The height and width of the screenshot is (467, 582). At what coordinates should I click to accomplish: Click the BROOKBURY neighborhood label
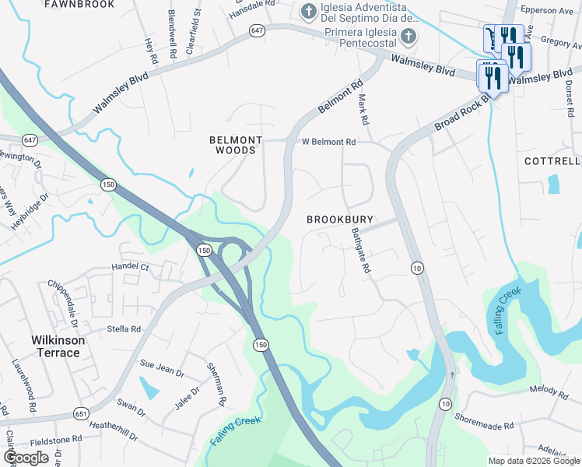pyautogui.click(x=339, y=220)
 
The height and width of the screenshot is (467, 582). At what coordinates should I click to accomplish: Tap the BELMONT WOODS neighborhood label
pyautogui.click(x=237, y=145)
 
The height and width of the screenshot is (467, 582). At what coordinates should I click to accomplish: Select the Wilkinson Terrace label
pyautogui.click(x=55, y=346)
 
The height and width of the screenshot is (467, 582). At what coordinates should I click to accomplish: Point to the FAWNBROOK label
pyautogui.click(x=79, y=5)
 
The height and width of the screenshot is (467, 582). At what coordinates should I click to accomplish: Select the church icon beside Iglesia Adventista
pyautogui.click(x=308, y=12)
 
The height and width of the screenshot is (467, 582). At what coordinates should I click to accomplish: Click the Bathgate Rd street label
pyautogui.click(x=359, y=251)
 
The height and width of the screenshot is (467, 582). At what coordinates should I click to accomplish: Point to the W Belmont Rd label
pyautogui.click(x=328, y=142)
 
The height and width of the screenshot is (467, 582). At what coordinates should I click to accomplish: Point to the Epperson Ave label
pyautogui.click(x=552, y=11)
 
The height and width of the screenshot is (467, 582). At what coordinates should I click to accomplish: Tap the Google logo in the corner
pyautogui.click(x=26, y=457)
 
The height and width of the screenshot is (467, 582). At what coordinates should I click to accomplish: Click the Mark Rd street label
pyautogui.click(x=361, y=110)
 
